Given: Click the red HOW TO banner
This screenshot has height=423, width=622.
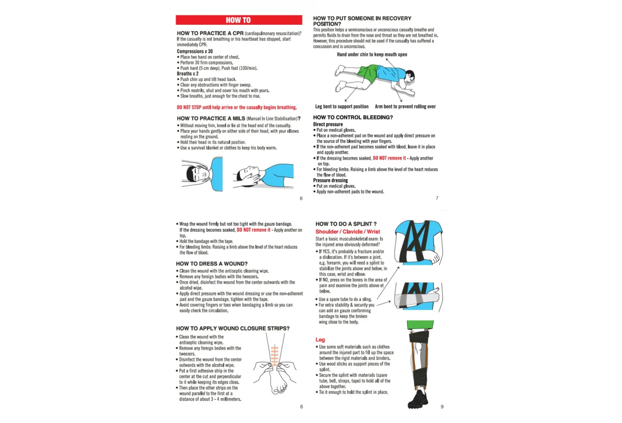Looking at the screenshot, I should pos(238,20).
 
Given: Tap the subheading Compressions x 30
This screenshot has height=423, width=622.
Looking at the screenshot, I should pos(194,51).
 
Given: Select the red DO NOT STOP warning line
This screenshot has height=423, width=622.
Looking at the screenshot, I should pos(237,107).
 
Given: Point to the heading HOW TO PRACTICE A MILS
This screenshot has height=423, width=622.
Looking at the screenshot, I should pos(211,119).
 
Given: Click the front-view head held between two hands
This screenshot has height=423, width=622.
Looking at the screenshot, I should pos(197,174).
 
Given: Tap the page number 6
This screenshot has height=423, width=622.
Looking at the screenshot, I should pos(301,198).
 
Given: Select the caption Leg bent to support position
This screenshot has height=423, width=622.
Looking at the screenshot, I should pos(342,107).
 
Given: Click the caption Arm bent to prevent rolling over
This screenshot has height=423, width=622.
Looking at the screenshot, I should pos(405,107).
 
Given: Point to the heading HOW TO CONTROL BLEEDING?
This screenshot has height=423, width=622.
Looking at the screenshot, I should pos(353,117).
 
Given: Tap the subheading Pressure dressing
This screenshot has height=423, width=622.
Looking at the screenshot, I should pos(330,180).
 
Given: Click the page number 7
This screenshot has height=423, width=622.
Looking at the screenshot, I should pos(437,198).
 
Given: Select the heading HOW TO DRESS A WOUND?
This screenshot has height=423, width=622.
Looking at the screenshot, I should pos(211,264).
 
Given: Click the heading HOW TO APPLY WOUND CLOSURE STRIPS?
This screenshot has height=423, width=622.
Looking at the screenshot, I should pos(233,328).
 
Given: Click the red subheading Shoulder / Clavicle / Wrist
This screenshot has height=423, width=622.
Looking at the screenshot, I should pos(347,232).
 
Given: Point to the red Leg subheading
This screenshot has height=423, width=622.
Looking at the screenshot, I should pos(320,340).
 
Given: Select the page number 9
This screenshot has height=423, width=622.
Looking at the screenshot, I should pos(442,407).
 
